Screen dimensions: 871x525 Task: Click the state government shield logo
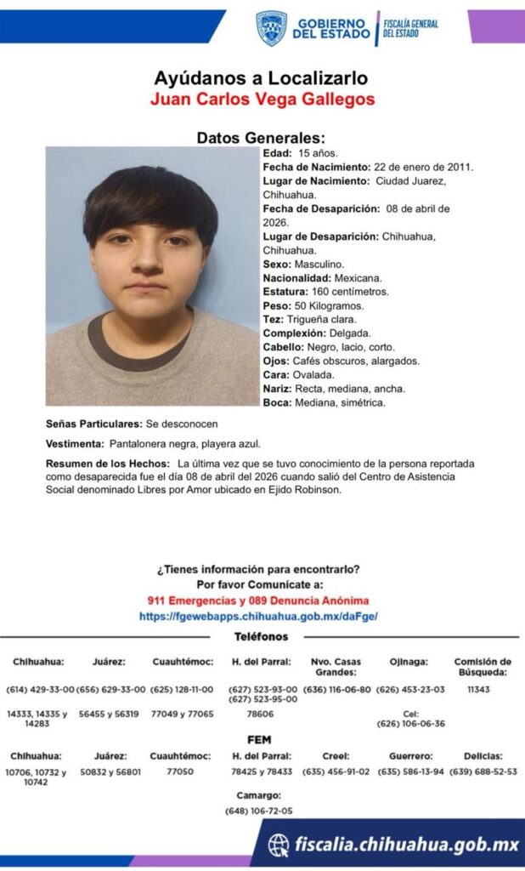click(x=271, y=28)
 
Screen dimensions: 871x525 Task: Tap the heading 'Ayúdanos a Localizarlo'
click(x=261, y=78)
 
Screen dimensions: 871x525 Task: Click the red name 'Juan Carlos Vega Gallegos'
click(x=262, y=99)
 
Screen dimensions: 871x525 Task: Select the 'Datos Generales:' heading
click(x=261, y=138)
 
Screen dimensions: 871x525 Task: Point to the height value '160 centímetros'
click(x=349, y=292)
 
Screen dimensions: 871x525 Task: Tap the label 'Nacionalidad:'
click(x=295, y=278)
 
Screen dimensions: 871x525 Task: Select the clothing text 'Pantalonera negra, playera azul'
click(x=183, y=444)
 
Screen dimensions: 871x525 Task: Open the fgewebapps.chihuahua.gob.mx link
click(x=258, y=616)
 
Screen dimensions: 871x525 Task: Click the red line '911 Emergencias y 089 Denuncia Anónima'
click(x=261, y=601)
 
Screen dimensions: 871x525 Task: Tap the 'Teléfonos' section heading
click(x=261, y=636)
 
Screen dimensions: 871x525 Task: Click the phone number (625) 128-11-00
click(x=182, y=689)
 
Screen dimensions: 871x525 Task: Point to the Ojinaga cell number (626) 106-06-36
click(x=410, y=724)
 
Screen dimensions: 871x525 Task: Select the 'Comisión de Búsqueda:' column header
click(x=483, y=666)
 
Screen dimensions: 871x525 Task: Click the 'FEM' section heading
click(x=259, y=740)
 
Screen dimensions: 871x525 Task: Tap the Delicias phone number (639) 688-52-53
click(x=483, y=772)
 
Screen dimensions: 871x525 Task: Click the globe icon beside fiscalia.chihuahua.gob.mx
click(x=279, y=845)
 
